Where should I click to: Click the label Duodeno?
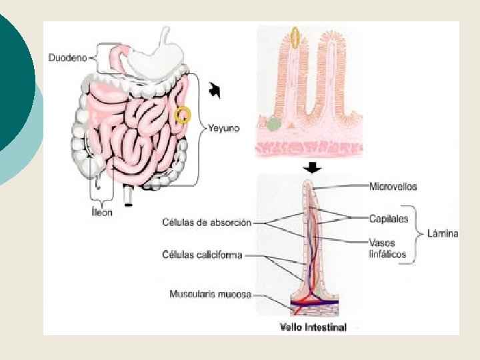[68, 58]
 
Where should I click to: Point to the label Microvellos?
[393, 187]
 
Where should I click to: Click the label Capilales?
[387, 218]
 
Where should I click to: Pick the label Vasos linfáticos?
[387, 248]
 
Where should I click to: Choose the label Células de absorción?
[207, 222]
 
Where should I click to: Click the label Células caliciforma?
[202, 254]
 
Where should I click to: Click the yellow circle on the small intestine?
[182, 115]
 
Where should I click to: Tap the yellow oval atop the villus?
[295, 39]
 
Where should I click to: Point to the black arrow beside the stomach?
[215, 89]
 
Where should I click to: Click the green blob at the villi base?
[273, 123]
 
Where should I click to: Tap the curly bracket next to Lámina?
[419, 233]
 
